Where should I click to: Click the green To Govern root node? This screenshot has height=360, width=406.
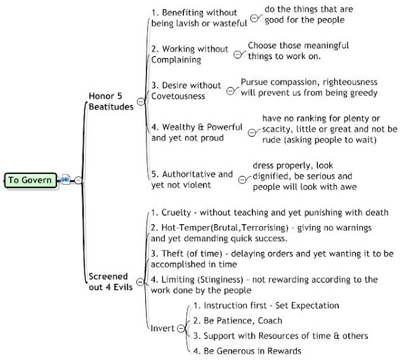pyautogui.click(x=30, y=180)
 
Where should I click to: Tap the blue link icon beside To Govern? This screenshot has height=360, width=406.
pyautogui.click(x=65, y=179)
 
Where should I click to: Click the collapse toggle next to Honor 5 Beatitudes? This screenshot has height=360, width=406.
pyautogui.click(x=141, y=102)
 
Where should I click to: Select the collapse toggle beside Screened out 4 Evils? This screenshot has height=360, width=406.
pyautogui.click(x=140, y=282)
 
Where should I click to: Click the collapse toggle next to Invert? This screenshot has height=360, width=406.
pyautogui.click(x=181, y=328)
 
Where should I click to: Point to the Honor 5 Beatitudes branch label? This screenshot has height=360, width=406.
pyautogui.click(x=111, y=102)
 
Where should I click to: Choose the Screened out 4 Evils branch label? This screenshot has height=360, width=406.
pyautogui.click(x=110, y=282)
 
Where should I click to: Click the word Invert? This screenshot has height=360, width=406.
pyautogui.click(x=162, y=328)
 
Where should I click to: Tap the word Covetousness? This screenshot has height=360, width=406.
pyautogui.click(x=178, y=96)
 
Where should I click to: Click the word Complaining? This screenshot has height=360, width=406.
pyautogui.click(x=176, y=60)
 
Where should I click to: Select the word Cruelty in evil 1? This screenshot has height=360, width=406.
pyautogui.click(x=176, y=213)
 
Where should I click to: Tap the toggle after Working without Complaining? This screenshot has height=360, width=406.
pyautogui.click(x=237, y=55)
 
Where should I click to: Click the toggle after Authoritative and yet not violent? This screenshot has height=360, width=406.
pyautogui.click(x=242, y=179)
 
